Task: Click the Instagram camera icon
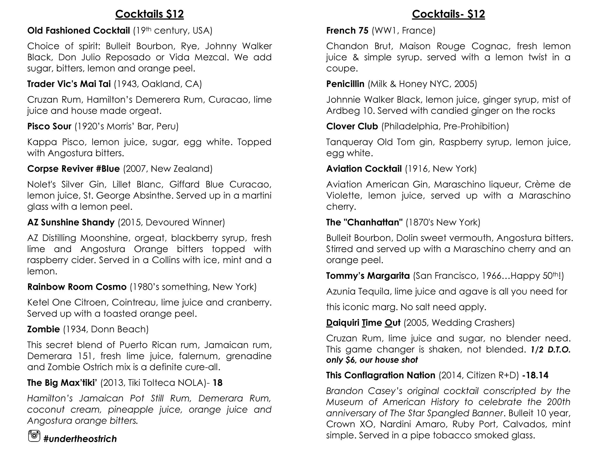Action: (34, 436)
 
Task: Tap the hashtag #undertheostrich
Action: (80, 439)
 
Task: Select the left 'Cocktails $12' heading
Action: (149, 14)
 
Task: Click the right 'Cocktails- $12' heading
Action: (448, 14)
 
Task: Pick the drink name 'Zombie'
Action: (43, 329)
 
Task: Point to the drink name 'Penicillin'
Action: (345, 84)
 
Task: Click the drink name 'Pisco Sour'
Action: (49, 126)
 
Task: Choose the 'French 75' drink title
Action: (347, 31)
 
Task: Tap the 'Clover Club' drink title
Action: (352, 126)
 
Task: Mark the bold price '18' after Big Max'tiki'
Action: (218, 383)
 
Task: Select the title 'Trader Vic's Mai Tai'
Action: (69, 84)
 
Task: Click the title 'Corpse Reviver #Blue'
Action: (73, 169)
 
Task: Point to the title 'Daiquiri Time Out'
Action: (363, 323)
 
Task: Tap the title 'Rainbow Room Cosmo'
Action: (77, 287)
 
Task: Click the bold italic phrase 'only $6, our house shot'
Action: (372, 360)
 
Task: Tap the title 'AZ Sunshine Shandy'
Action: (71, 223)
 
